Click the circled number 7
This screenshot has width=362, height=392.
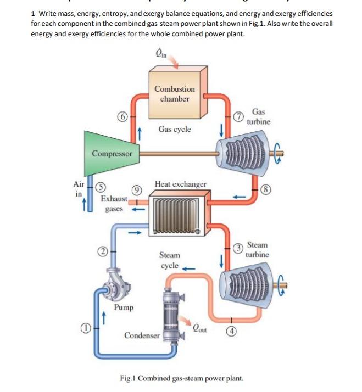pyautogui.click(x=237, y=116)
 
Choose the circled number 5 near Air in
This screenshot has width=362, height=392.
pyautogui.click(x=96, y=185)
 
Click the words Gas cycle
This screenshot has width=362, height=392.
pyautogui.click(x=175, y=129)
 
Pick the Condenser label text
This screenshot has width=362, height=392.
pyautogui.click(x=142, y=334)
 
